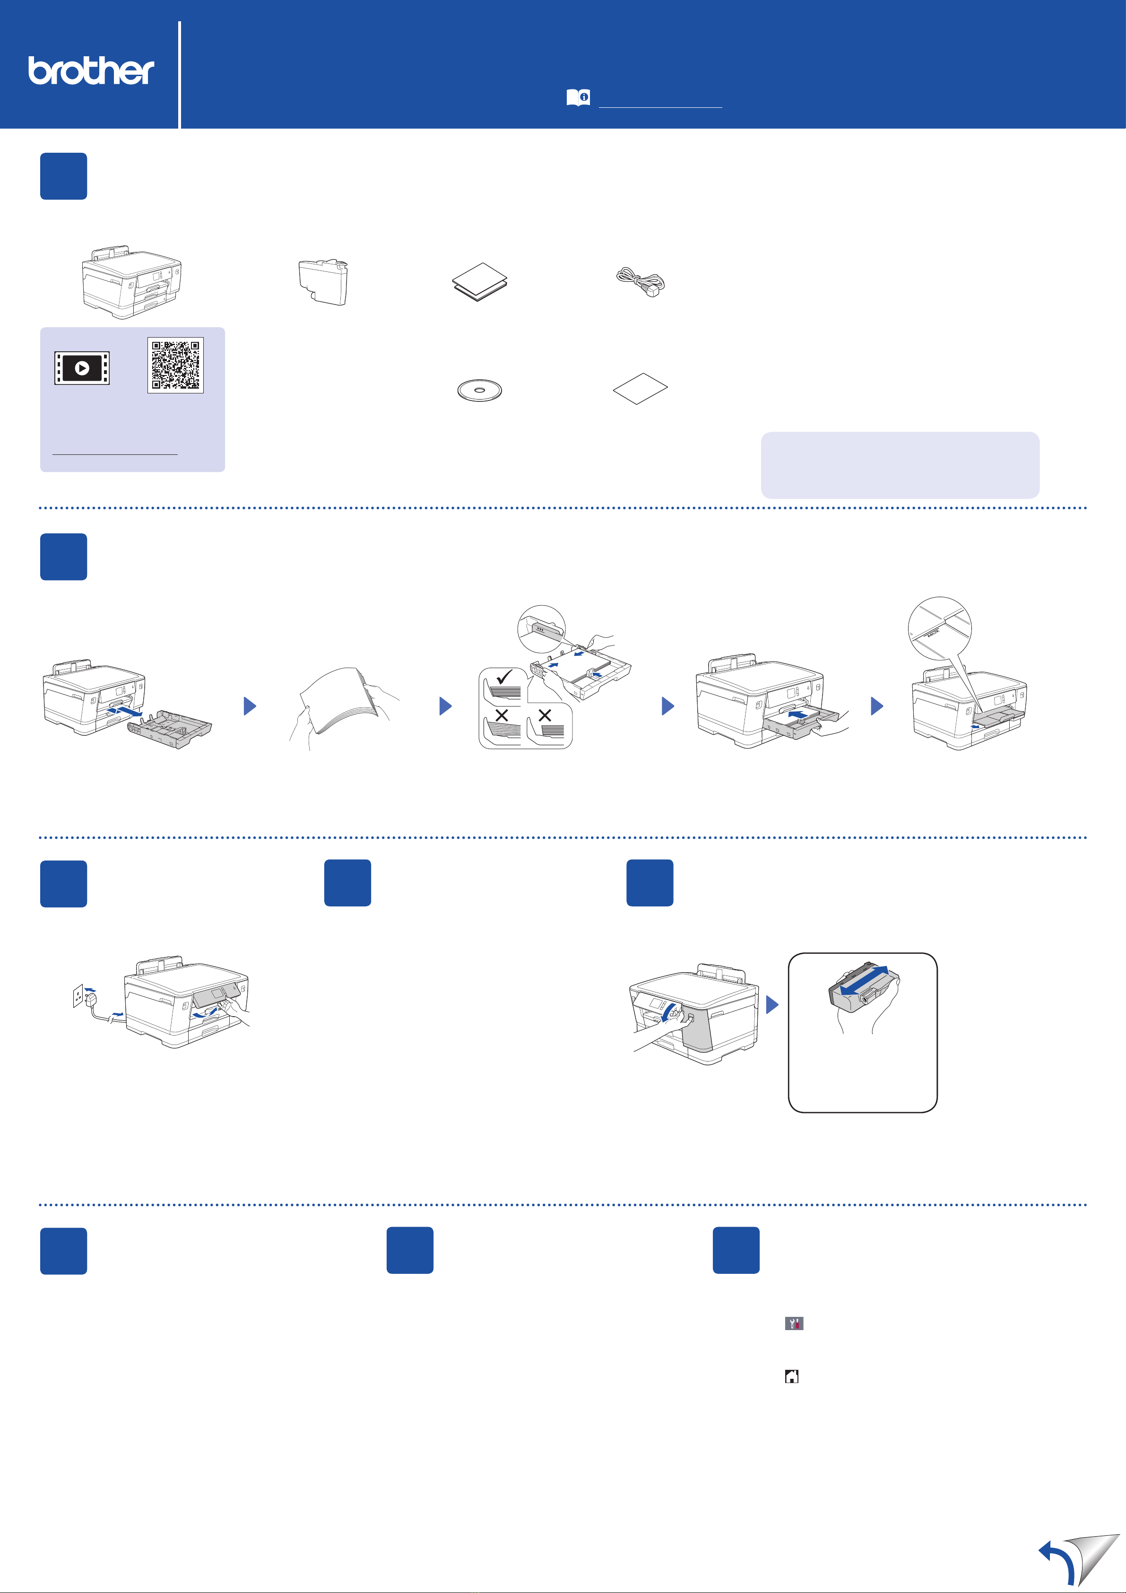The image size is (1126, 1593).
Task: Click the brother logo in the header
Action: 91,71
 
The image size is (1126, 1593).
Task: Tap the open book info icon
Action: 578,98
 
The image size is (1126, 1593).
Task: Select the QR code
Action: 175,365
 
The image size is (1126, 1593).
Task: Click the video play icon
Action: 82,368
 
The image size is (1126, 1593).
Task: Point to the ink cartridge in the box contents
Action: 323,282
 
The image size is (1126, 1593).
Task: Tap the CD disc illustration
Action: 479,390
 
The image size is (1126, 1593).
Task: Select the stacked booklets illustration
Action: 479,282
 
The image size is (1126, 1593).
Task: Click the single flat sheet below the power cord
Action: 641,389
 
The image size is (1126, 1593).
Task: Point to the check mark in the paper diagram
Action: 504,677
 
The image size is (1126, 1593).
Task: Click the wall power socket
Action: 78,996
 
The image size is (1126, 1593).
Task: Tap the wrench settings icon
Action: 794,1323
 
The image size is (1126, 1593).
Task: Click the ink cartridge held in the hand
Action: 864,987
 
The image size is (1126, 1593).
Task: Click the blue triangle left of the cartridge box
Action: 772,1005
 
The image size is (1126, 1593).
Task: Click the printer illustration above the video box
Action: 131,282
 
